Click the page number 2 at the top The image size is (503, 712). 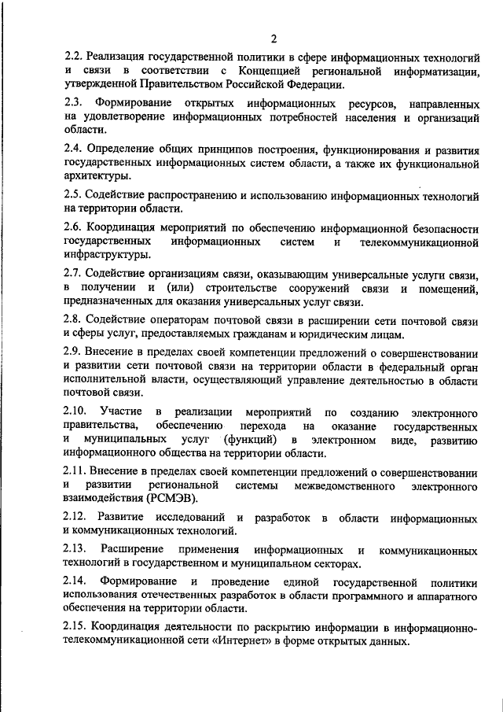click(x=274, y=39)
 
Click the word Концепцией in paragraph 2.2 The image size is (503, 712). click(x=251, y=72)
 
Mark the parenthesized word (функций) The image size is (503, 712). click(x=250, y=439)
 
